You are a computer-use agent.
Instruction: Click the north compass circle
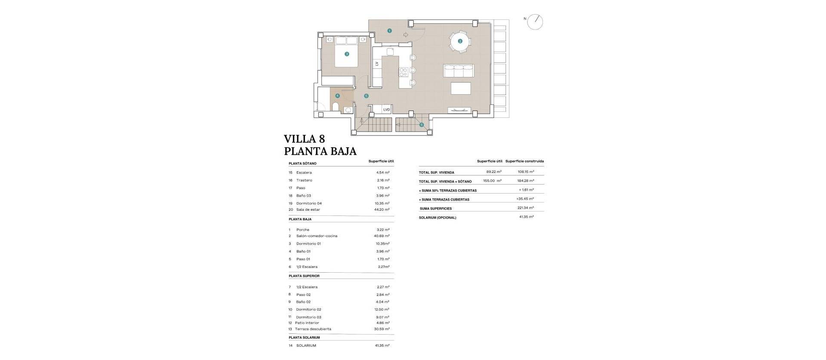[x=535, y=22]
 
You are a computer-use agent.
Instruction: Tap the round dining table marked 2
[x=460, y=41]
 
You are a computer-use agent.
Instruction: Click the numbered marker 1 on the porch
[x=389, y=31]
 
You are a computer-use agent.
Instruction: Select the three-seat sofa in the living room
[x=458, y=71]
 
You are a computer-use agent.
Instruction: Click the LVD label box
[x=386, y=110]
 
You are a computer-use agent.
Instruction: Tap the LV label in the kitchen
[x=376, y=64]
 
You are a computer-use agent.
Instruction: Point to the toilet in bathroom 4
[x=336, y=106]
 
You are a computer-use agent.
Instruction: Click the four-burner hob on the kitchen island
[x=404, y=72]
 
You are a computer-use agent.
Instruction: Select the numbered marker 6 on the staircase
[x=422, y=125]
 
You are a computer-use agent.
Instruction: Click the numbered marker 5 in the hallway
[x=366, y=96]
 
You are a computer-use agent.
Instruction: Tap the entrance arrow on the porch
[x=406, y=35]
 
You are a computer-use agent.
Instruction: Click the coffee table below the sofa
[x=460, y=88]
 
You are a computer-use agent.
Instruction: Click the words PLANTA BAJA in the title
[x=320, y=151]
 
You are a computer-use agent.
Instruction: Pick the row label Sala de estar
[x=308, y=210]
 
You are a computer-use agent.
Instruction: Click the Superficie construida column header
[x=524, y=161]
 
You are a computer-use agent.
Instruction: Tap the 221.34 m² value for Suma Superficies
[x=525, y=208]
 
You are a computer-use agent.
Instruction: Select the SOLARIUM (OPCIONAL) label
[x=438, y=218]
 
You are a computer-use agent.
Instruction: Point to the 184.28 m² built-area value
[x=525, y=181]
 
